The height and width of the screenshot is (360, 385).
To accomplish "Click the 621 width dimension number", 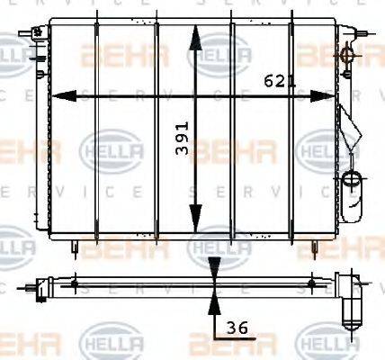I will (x=280, y=81).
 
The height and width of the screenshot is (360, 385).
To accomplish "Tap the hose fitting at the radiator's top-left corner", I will (x=38, y=34).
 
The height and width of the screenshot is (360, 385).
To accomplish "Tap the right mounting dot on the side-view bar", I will (x=311, y=284).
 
